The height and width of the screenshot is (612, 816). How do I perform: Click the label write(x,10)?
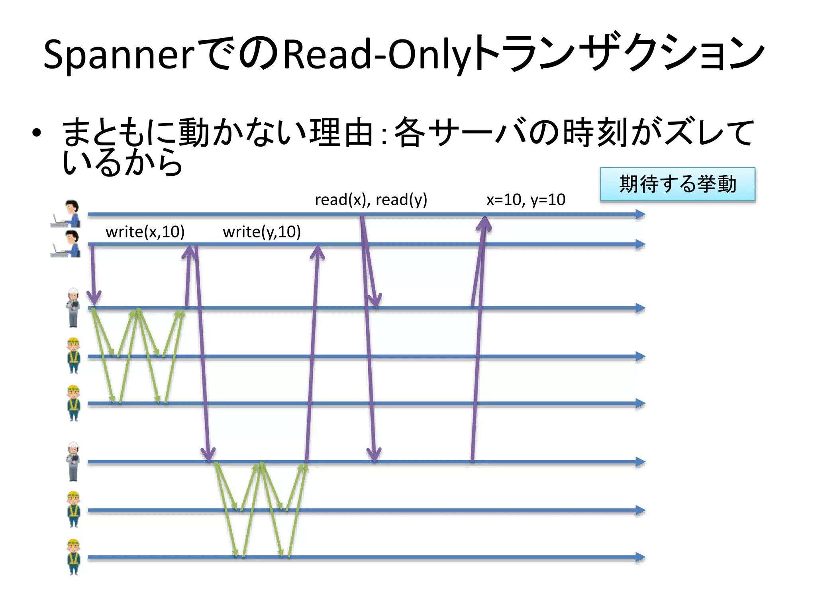click(x=145, y=232)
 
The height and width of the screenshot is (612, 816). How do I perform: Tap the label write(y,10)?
click(x=262, y=232)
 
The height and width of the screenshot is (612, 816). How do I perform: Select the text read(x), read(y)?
click(x=371, y=200)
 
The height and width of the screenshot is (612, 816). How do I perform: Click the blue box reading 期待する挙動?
click(x=677, y=184)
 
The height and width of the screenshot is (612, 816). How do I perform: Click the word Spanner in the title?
click(x=119, y=55)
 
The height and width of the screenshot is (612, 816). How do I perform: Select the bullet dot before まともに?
click(x=37, y=134)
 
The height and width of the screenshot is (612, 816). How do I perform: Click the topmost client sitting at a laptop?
click(x=67, y=214)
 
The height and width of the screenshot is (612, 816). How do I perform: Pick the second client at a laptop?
click(x=67, y=244)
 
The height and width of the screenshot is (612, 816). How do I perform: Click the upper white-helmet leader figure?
click(x=73, y=308)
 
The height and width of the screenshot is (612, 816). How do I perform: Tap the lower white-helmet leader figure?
click(x=73, y=461)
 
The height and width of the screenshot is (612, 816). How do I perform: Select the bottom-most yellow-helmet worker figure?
click(x=73, y=557)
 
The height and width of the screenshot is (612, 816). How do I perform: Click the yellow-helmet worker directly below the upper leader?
click(x=73, y=356)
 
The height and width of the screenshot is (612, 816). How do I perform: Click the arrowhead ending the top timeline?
click(x=640, y=214)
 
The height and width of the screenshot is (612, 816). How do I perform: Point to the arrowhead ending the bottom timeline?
click(x=640, y=557)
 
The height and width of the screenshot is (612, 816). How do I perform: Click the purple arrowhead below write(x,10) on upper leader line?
click(x=94, y=299)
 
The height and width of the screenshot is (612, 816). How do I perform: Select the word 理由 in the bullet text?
click(x=341, y=133)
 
